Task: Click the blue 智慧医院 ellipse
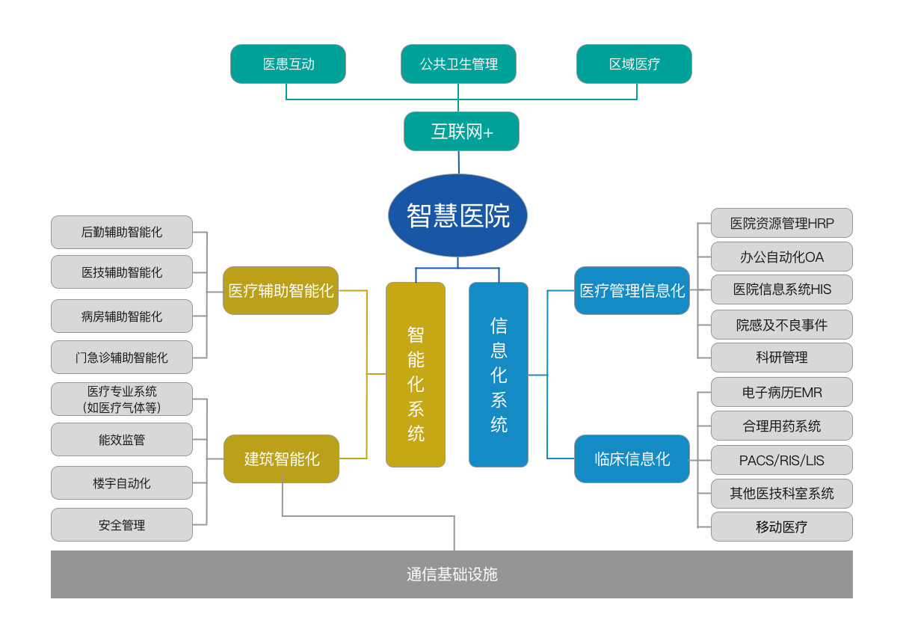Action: tap(457, 215)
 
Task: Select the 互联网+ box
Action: tap(461, 132)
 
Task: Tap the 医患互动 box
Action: tap(288, 64)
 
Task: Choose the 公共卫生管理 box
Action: tap(458, 64)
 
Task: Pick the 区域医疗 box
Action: tap(634, 64)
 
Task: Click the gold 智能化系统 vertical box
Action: tap(416, 375)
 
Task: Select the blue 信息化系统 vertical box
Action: tap(499, 375)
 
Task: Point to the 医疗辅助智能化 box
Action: tap(280, 290)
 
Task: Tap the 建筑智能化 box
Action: tap(281, 459)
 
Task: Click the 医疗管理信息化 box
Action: tap(632, 290)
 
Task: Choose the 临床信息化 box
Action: tap(632, 459)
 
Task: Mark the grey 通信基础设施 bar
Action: tap(452, 574)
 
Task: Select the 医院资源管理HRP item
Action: tap(781, 223)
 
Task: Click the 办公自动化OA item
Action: tap(781, 257)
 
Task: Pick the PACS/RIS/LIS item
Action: tap(781, 460)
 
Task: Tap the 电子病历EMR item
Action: tap(781, 392)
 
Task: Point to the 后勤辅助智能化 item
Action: tap(122, 232)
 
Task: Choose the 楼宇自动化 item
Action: tap(122, 482)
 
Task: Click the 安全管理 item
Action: tap(122, 524)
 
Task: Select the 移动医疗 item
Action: tap(781, 527)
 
